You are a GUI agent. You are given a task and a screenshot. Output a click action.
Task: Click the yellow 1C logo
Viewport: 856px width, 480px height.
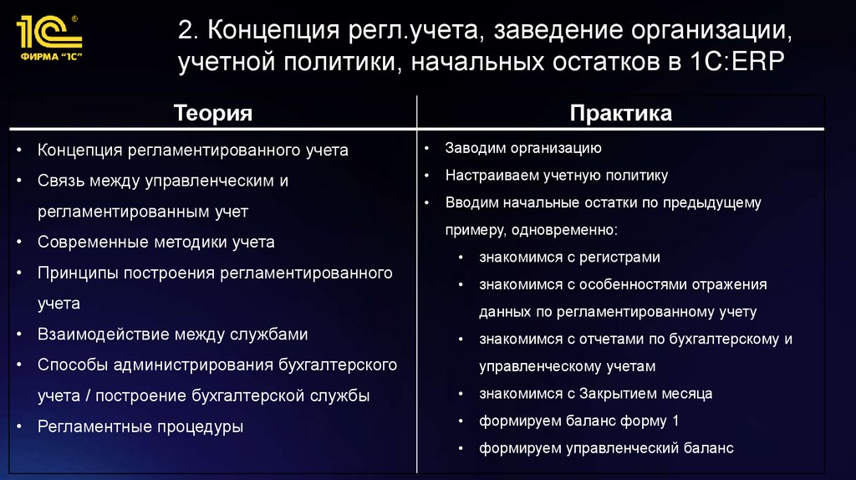coord(48,32)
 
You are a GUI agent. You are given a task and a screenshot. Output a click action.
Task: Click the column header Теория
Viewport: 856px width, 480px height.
coord(212,114)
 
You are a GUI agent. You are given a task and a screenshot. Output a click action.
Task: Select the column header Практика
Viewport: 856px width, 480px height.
coord(620,114)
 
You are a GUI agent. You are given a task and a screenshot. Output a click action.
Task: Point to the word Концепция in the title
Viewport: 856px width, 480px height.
coord(268,31)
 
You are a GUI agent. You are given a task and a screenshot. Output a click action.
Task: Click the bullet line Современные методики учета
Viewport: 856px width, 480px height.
coord(155,243)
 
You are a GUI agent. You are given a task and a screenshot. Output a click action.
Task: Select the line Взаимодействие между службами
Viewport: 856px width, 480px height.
coord(172,334)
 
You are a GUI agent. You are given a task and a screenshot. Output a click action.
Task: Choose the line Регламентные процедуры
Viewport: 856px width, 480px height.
coord(140,426)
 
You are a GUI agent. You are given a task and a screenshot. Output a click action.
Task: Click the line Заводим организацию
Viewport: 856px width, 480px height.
coord(523,149)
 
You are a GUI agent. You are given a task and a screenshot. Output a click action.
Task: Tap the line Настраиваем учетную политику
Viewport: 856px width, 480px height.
coord(556,176)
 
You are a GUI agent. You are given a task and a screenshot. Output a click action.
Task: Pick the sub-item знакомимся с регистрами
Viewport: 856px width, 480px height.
coord(569,258)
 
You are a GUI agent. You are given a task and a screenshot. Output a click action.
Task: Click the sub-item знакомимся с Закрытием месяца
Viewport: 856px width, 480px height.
coord(595,393)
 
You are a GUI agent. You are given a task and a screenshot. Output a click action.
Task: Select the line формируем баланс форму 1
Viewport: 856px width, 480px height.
coord(578,421)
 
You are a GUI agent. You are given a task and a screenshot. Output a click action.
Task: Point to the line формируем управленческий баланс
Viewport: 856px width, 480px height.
coord(606,448)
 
